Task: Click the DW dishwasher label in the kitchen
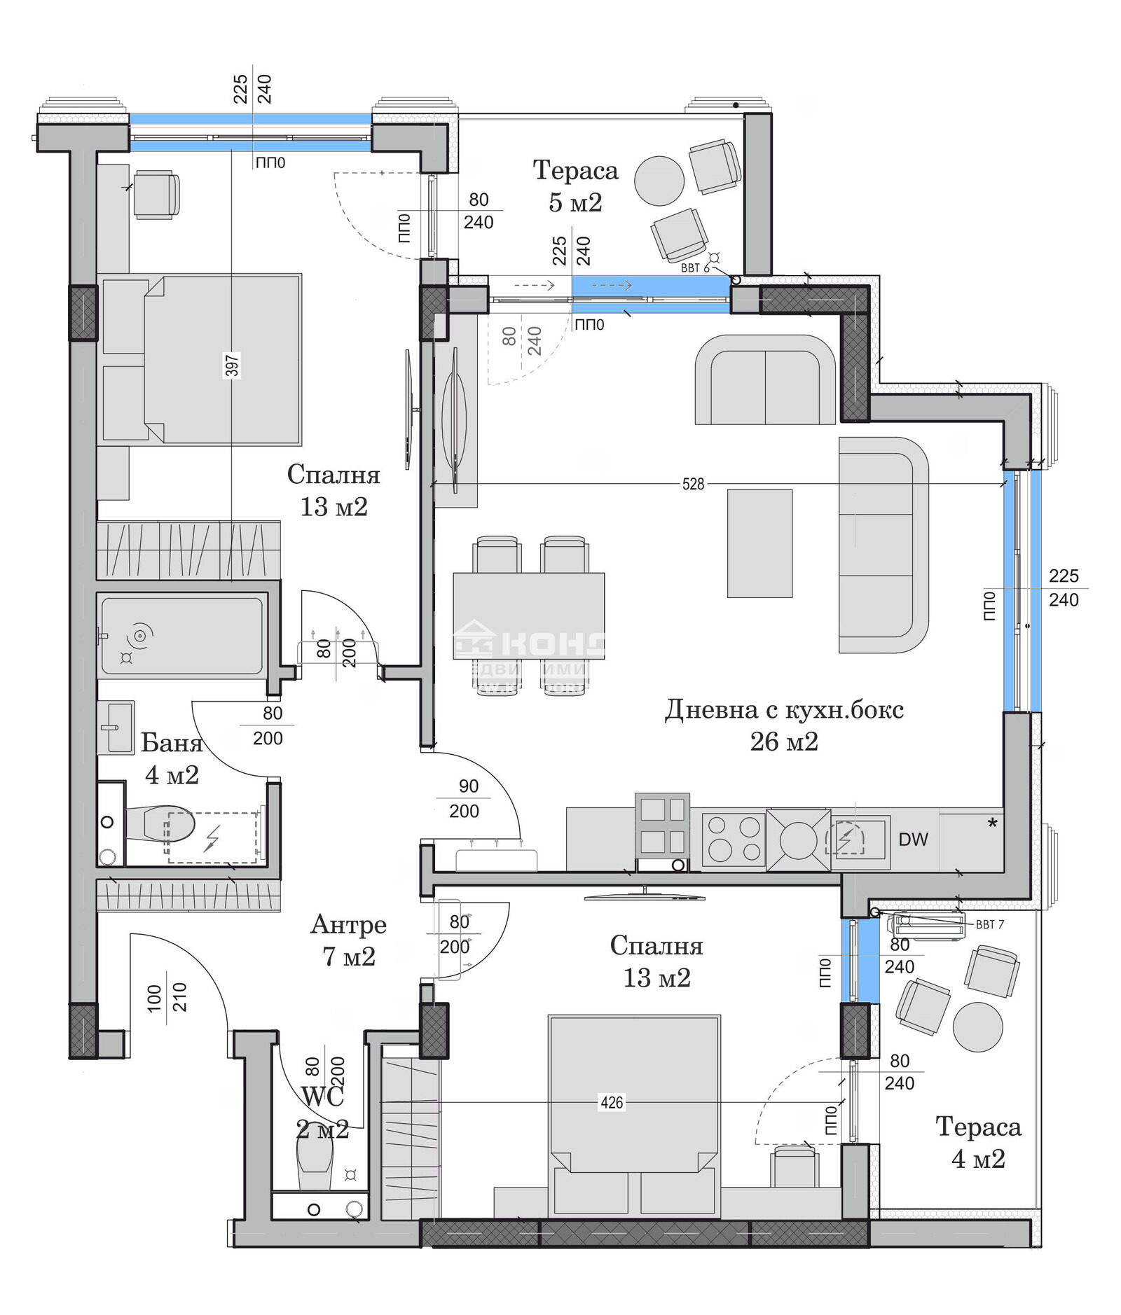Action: click(912, 839)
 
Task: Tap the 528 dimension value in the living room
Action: click(692, 484)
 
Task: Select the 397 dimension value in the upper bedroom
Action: click(232, 366)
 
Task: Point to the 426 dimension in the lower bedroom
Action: click(611, 1103)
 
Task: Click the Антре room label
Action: click(348, 924)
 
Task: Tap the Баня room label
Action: click(172, 743)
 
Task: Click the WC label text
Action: click(322, 1097)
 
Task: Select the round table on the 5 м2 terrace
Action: click(659, 181)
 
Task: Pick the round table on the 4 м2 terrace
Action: click(978, 1027)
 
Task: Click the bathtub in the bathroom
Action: click(182, 636)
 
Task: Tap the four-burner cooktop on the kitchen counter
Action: click(733, 838)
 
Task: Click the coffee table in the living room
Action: click(759, 543)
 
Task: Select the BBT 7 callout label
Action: click(989, 924)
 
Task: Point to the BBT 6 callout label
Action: click(695, 268)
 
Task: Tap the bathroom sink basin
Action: click(116, 727)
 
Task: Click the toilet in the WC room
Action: click(315, 1162)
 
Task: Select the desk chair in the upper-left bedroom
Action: click(156, 195)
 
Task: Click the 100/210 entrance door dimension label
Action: click(167, 998)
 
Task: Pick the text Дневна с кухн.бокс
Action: click(783, 710)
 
